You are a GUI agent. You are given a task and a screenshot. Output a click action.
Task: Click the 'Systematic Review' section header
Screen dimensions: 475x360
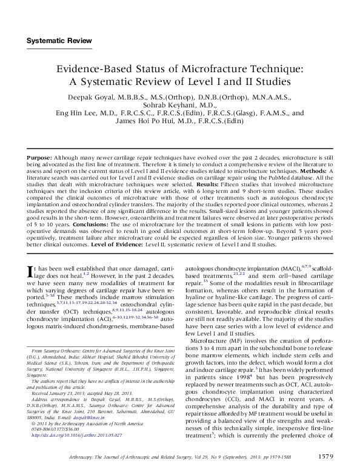(x=59, y=41)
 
